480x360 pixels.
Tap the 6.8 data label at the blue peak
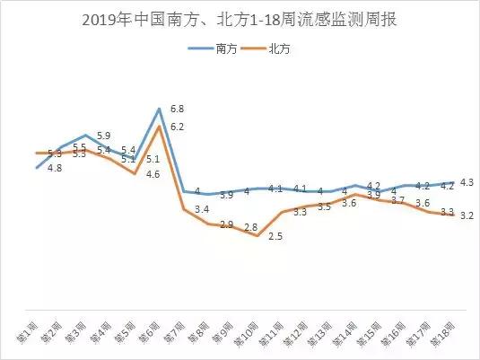pyautogui.click(x=177, y=109)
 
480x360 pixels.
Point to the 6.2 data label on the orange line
pyautogui.click(x=177, y=127)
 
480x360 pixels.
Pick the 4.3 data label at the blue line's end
pyautogui.click(x=467, y=182)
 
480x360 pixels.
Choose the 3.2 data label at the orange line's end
pyautogui.click(x=467, y=215)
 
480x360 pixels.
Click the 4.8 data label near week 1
pyautogui.click(x=55, y=168)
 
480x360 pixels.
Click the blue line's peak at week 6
pyautogui.click(x=159, y=109)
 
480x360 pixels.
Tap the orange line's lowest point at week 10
pyautogui.click(x=257, y=236)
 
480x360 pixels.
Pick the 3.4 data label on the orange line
pyautogui.click(x=202, y=209)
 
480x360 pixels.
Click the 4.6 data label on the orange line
pyautogui.click(x=153, y=174)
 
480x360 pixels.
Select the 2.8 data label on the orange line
pyautogui.click(x=250, y=228)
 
